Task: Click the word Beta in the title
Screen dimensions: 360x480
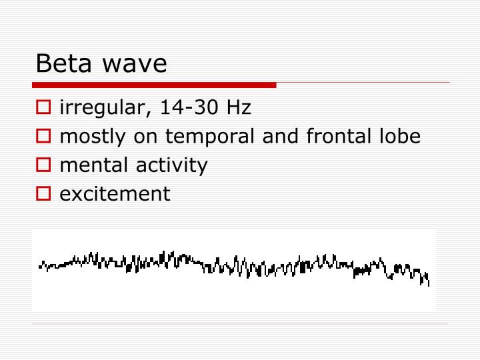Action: (x=63, y=64)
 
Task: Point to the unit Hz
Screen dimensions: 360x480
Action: (x=239, y=107)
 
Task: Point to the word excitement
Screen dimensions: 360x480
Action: (x=115, y=194)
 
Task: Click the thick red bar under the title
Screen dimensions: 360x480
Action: (x=153, y=85)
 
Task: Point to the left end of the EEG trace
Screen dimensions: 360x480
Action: (x=40, y=267)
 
